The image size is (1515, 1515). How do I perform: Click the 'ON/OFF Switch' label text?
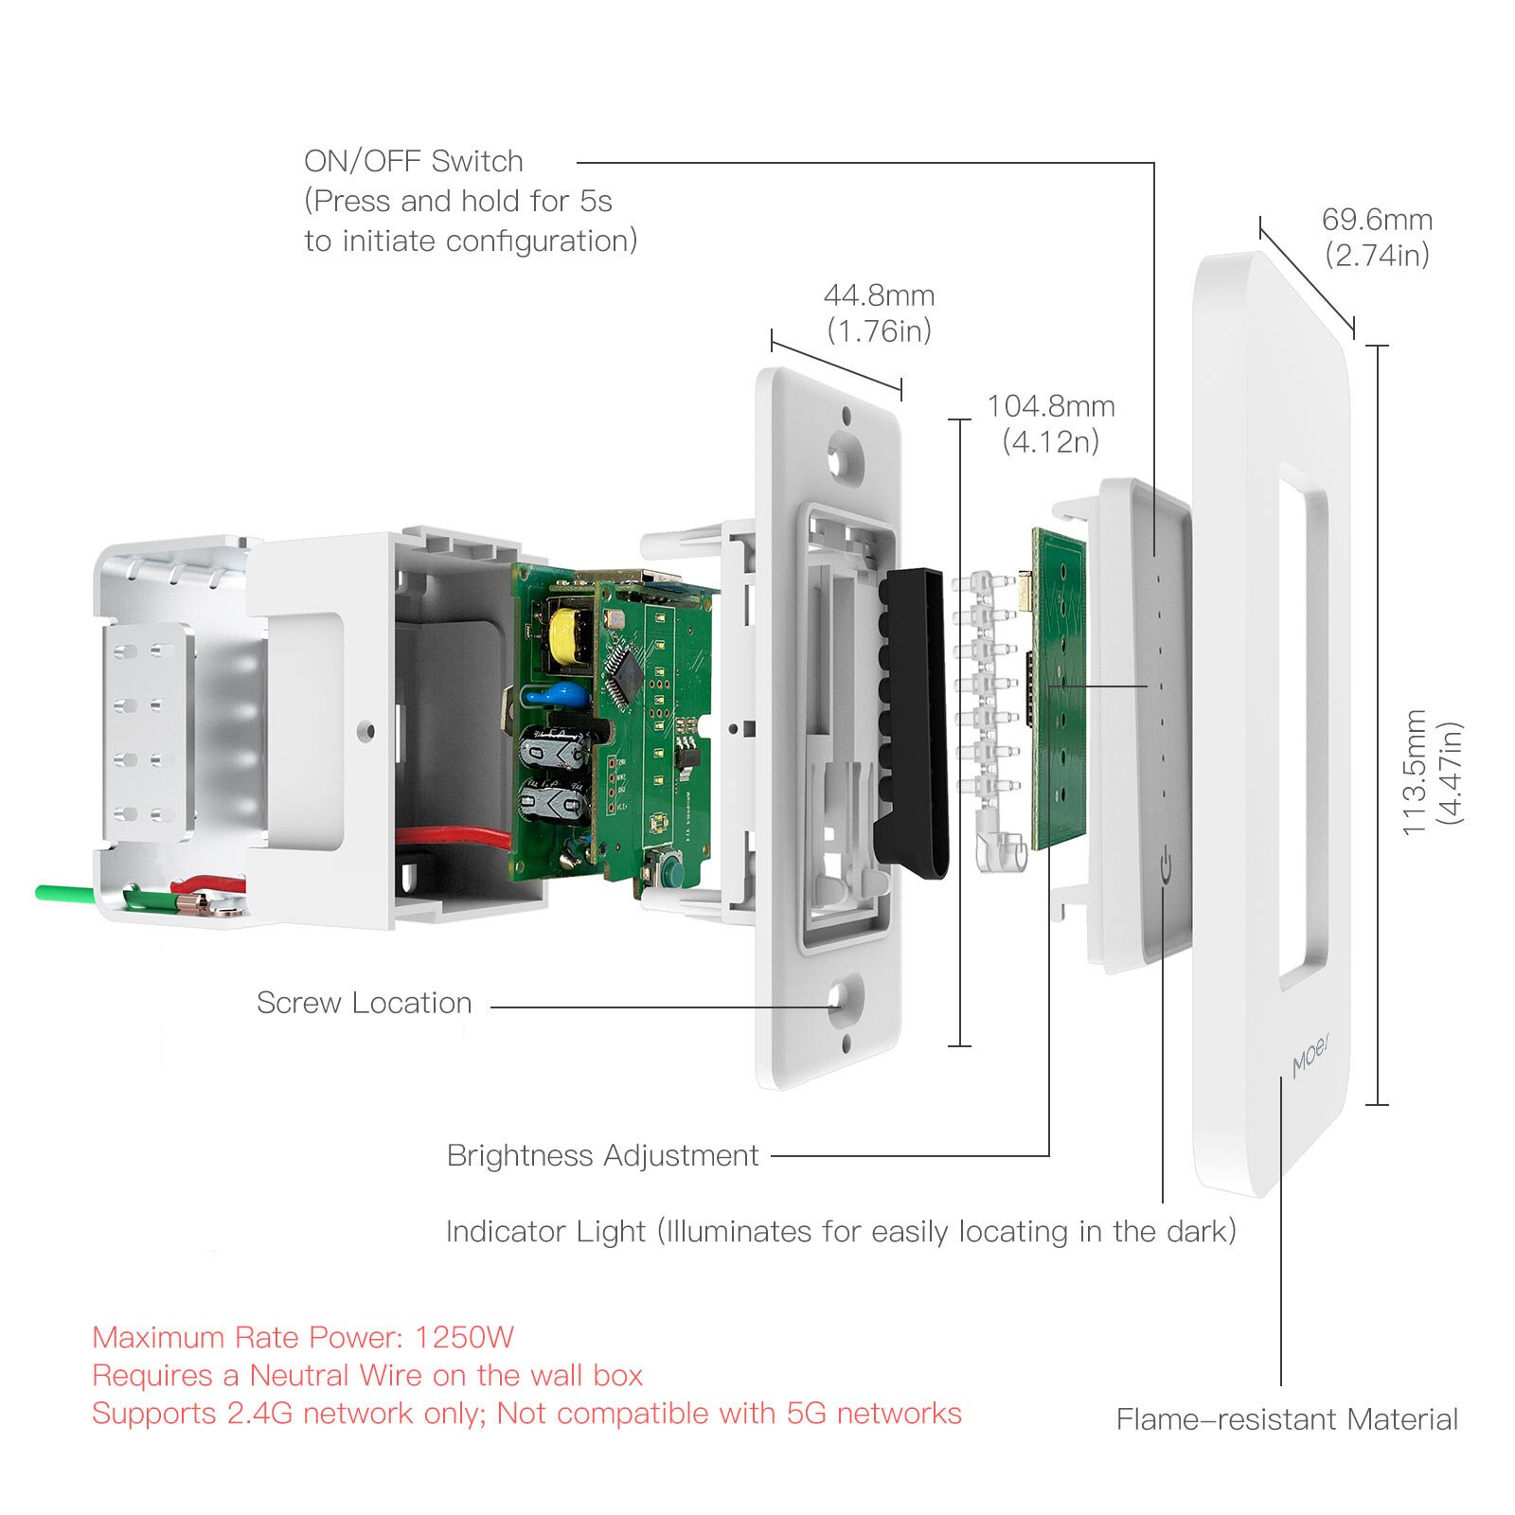pos(413,161)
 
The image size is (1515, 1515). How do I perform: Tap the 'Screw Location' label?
pos(364,1003)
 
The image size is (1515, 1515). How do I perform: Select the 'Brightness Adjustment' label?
pos(602,1155)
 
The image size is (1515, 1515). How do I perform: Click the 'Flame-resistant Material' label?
pos(1287,1419)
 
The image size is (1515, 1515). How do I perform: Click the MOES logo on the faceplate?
pos(1311,1057)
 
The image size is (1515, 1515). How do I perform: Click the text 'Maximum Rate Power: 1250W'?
pos(303,1337)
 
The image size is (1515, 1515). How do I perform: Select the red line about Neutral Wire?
pos(367,1375)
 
